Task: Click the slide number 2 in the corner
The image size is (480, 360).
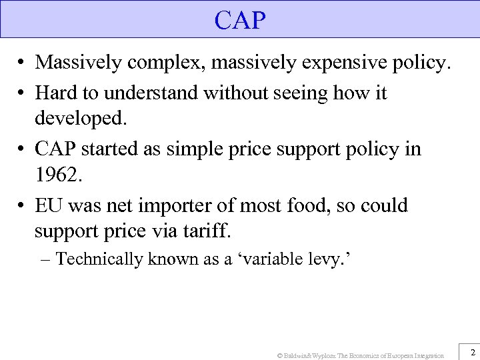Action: tap(472, 351)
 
